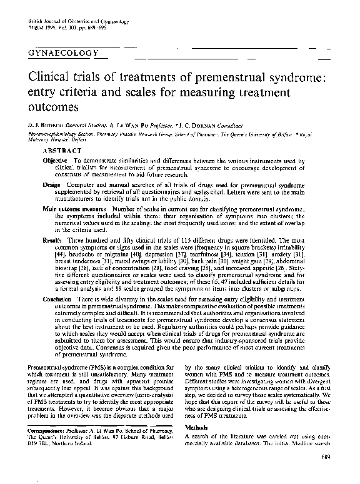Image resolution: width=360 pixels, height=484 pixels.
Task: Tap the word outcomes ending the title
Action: tap(54, 107)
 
